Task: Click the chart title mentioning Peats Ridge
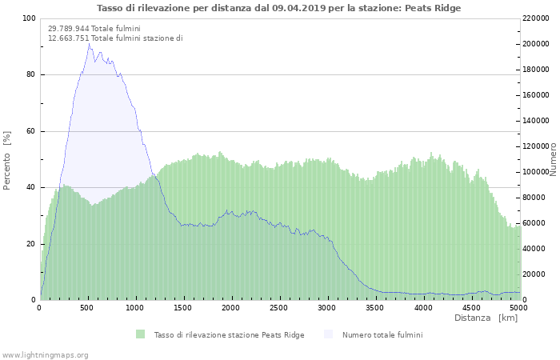(x=279, y=8)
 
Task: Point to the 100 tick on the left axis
(x=29, y=18)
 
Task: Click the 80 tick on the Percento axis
(x=30, y=75)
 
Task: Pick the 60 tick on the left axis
(x=30, y=131)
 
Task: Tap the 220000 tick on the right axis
(x=538, y=18)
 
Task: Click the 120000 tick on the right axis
(x=538, y=146)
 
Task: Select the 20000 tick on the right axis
(x=536, y=274)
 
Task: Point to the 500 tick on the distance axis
(x=88, y=308)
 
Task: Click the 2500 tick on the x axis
(x=279, y=308)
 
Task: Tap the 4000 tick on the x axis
(x=422, y=308)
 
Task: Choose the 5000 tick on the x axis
(x=518, y=308)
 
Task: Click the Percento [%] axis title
(x=7, y=159)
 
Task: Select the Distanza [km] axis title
(x=486, y=318)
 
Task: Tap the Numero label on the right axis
(x=553, y=159)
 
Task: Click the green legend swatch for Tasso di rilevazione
(x=141, y=334)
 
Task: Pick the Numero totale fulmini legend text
(x=382, y=334)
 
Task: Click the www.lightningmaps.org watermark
(x=46, y=354)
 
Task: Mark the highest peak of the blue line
(x=89, y=43)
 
